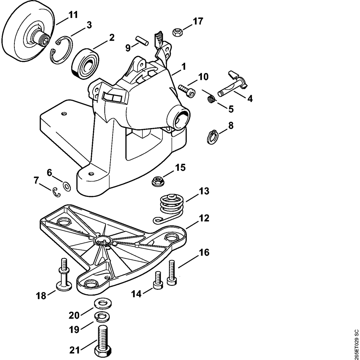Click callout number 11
[73, 15]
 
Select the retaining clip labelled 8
[213, 137]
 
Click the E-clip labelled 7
[57, 192]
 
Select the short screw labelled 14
[157, 281]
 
